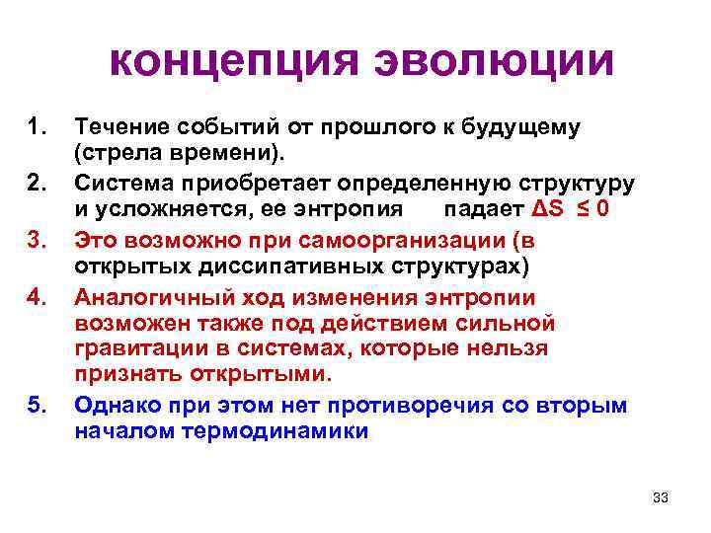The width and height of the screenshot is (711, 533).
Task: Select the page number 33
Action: coord(661,497)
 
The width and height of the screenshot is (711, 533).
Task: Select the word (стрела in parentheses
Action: coord(114,154)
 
